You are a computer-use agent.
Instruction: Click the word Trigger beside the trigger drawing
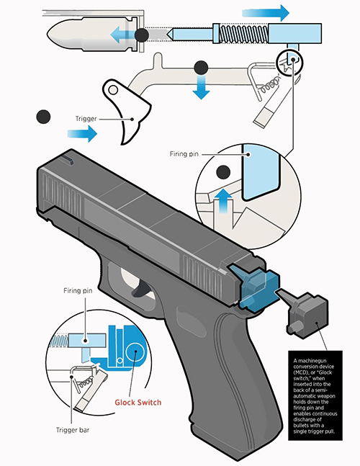point(86,119)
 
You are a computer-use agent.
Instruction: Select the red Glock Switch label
point(138,403)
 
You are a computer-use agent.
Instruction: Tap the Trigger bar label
point(73,430)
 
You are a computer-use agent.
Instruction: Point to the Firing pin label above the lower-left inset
point(78,291)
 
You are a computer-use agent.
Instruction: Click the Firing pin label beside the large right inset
point(184,154)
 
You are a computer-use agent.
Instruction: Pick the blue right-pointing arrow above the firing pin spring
point(266,13)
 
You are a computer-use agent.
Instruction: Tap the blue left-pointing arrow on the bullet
point(122,35)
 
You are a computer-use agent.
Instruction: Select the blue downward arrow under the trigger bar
point(201,86)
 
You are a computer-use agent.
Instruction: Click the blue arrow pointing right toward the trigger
point(82,133)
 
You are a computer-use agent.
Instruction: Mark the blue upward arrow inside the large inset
point(223,201)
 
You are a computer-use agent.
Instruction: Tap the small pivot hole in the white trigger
point(113,89)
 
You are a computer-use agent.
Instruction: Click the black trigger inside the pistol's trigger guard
point(141,289)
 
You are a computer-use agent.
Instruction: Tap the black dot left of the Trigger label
point(43,117)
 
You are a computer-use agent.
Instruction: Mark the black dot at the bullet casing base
point(142,35)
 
